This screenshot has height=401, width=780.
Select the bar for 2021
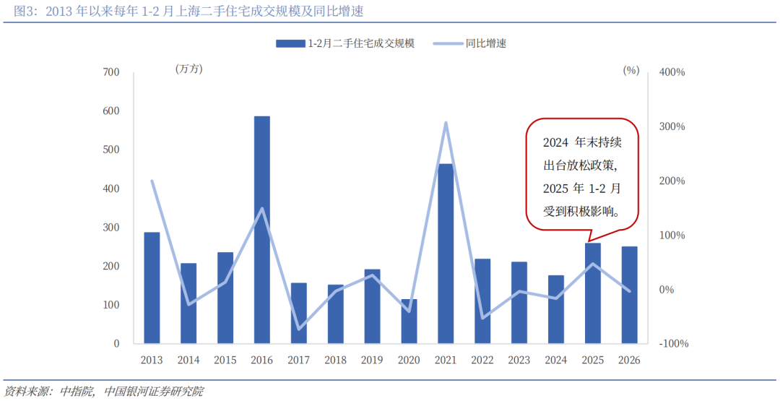pos(446,254)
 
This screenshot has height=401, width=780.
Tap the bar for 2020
pos(409,322)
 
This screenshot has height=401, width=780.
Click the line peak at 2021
pos(446,123)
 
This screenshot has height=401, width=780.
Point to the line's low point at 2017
pos(298,329)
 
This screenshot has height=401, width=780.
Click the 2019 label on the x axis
pos(372,360)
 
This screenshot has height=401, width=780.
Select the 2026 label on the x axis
pos(630,360)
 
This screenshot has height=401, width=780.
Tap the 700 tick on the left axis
pos(110,72)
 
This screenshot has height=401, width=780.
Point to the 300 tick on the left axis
pos(110,228)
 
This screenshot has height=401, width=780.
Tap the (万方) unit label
pos(188,70)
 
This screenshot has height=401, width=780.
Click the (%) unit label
pos(630,70)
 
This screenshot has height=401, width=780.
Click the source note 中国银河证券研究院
pos(153,392)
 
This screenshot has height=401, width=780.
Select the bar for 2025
pos(593,293)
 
